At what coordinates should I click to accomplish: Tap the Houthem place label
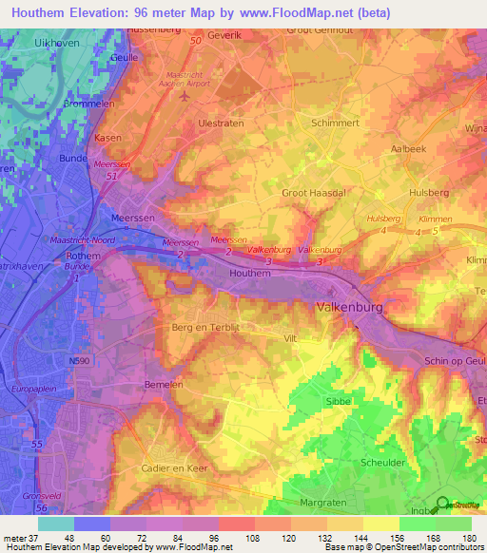251,273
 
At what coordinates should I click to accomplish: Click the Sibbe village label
338,402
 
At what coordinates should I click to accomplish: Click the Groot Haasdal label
312,193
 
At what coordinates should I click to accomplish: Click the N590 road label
80,360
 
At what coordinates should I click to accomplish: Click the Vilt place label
292,337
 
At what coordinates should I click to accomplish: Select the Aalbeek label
408,149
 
